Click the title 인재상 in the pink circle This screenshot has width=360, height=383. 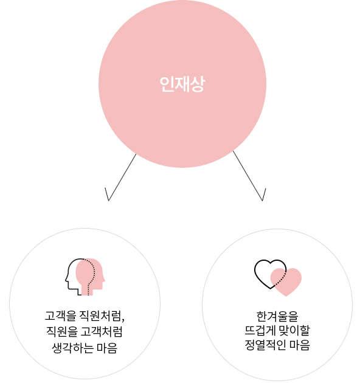182,84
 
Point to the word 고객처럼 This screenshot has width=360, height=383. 102,331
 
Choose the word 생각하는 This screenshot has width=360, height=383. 73,348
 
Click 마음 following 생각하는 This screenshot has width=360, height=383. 107,348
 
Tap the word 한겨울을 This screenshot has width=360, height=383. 277,316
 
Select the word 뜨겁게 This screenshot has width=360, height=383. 260,331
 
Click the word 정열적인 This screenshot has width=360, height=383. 265,345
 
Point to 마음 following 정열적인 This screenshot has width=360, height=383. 300,345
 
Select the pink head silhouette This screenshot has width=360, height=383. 90,277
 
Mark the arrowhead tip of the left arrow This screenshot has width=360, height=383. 108,201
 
